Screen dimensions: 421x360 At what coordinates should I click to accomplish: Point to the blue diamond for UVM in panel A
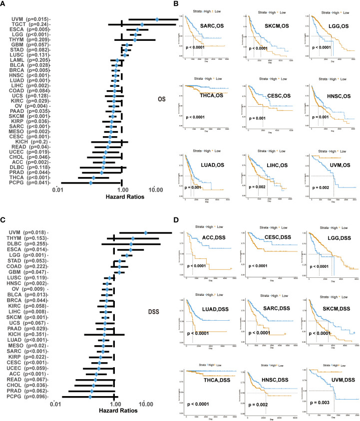(x=157, y=19)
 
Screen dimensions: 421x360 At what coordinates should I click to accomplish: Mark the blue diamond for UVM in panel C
(x=146, y=232)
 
